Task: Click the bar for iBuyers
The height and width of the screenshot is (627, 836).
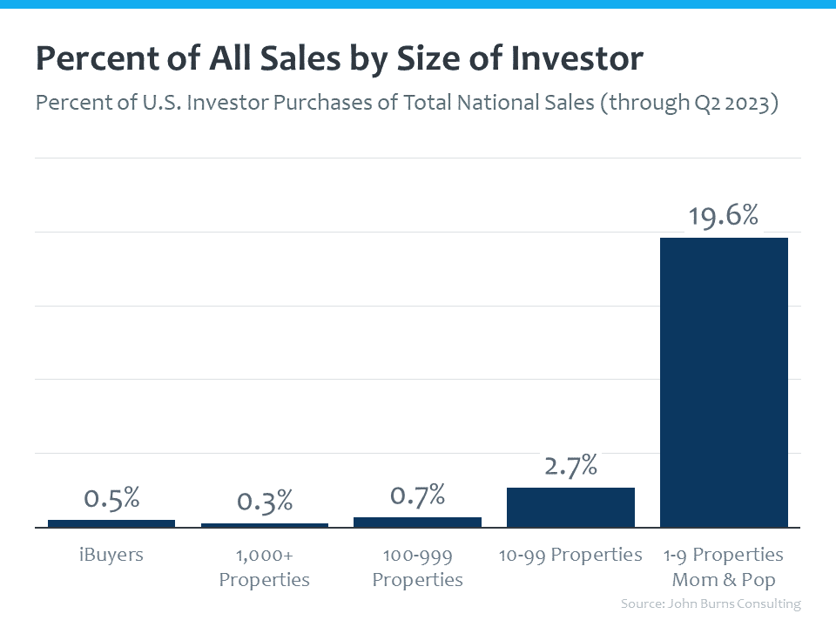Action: coord(111,523)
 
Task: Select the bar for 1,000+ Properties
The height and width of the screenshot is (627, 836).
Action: coord(265,525)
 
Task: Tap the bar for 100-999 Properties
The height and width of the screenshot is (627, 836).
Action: coord(417,522)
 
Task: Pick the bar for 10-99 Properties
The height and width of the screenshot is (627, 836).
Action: coord(570,507)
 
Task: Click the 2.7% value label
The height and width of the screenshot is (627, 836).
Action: coord(570,465)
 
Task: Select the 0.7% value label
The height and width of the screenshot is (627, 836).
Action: coord(417,496)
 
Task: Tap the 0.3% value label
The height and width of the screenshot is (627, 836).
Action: coord(265,502)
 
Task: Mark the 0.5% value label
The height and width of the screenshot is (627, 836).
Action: coord(111,498)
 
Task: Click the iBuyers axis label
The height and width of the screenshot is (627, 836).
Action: coord(111,555)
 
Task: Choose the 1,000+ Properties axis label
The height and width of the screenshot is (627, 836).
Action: coord(265,567)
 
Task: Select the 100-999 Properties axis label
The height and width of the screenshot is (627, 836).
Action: coord(417,567)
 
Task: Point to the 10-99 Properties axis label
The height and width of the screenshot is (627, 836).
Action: coord(570,555)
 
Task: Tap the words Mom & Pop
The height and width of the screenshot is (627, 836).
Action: coord(724,580)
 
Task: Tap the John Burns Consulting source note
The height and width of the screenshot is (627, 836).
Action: coord(710,603)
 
